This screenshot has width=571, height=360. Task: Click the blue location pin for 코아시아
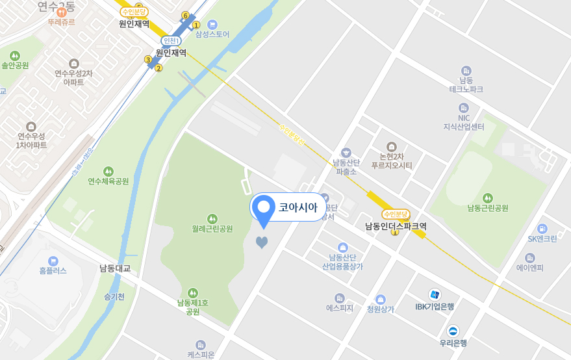click(x=264, y=209)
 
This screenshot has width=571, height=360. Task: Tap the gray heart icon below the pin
click(x=261, y=243)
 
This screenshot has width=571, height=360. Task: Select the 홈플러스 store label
click(x=53, y=270)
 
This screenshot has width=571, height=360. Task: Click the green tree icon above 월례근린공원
click(x=212, y=218)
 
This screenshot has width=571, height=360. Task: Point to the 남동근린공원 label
click(x=487, y=208)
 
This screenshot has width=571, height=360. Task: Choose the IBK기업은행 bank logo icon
click(x=435, y=294)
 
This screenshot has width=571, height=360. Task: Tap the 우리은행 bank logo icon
click(x=453, y=331)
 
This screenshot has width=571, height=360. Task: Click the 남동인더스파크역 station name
click(x=396, y=226)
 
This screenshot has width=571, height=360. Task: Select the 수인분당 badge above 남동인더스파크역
click(x=396, y=214)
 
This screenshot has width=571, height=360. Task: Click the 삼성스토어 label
click(x=212, y=34)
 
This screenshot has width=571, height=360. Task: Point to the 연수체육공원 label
click(x=108, y=181)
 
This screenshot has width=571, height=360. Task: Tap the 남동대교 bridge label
click(x=115, y=268)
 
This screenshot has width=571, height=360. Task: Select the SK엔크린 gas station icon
click(x=542, y=229)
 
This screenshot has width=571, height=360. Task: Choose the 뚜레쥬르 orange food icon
click(x=61, y=11)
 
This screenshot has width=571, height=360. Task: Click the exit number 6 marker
click(x=185, y=16)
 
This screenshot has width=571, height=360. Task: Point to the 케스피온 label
click(x=201, y=355)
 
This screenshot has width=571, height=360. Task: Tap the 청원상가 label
click(x=381, y=309)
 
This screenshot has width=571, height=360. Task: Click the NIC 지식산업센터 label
click(x=464, y=122)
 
